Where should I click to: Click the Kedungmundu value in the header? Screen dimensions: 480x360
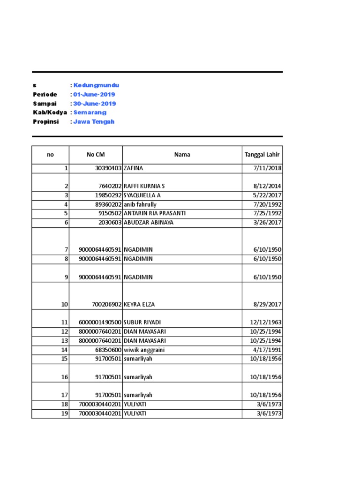96,85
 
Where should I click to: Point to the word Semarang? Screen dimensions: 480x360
90,112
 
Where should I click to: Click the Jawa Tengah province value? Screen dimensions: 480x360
94,121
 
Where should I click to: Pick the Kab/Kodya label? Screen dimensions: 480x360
50,112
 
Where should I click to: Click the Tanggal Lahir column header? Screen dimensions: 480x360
262,155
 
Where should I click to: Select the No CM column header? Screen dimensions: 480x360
96,155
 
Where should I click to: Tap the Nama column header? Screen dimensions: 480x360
182,155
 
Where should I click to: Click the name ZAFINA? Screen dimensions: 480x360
133,168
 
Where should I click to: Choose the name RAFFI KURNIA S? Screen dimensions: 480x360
144,186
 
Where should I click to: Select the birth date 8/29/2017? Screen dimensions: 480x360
266,304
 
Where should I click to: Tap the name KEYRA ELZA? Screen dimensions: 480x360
139,304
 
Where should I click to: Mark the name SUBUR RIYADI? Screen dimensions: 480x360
142,322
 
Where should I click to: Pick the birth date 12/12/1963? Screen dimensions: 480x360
266,322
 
